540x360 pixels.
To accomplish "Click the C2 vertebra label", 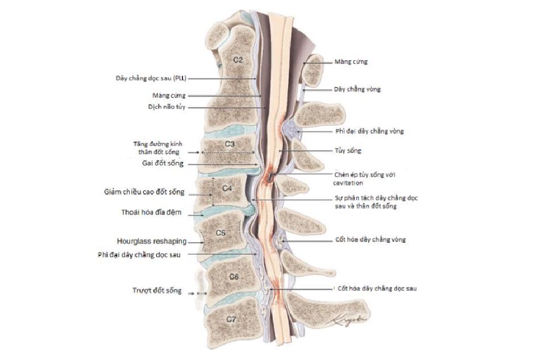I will pos(238,59).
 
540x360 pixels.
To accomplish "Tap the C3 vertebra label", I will pos(229,144).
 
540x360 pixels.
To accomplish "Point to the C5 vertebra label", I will pos(221,233).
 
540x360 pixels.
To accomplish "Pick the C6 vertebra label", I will pos(234,276).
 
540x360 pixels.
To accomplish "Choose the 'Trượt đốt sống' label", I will pos(157,291).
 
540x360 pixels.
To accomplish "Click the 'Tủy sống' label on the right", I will pos(348,151).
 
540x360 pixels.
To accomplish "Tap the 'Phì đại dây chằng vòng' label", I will pos(369,131).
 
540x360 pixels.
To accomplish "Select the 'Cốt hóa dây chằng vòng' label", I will pos(370,240).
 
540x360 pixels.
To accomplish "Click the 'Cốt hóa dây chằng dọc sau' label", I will pos(375,288).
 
